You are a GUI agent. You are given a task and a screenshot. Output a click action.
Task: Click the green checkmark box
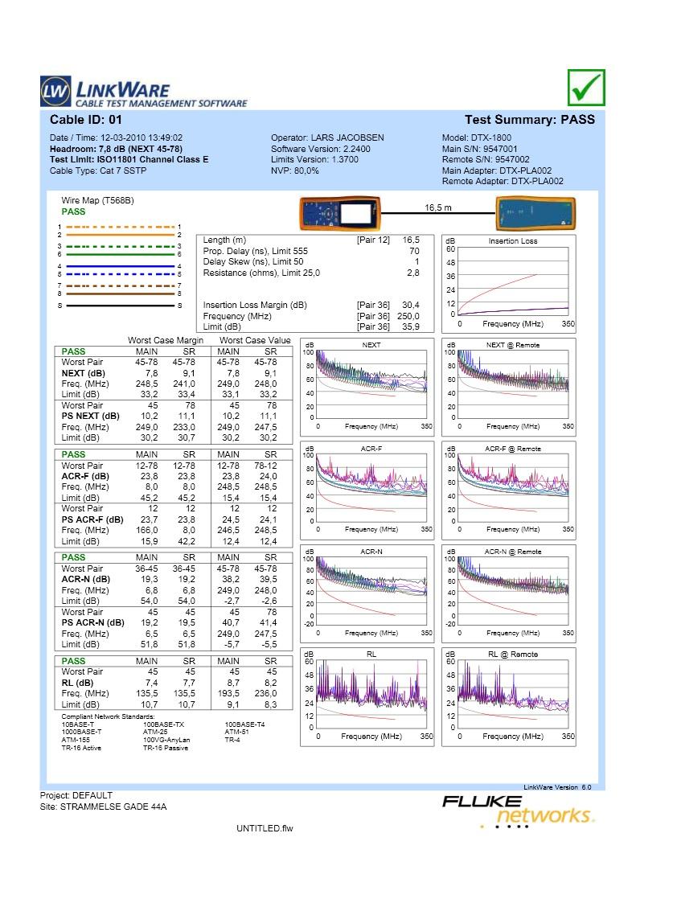pos(585,88)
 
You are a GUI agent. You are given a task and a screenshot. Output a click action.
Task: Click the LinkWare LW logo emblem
pos(55,92)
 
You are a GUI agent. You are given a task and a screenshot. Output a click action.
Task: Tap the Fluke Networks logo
pos(518,809)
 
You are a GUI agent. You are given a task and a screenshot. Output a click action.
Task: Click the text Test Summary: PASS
pos(530,120)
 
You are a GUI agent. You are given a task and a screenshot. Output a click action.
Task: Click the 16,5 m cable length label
pos(438,207)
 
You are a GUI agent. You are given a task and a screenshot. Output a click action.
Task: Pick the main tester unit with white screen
pos(341,214)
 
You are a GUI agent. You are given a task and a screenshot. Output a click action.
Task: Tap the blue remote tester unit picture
pos(535,214)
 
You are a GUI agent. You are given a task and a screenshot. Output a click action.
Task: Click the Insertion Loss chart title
pos(513,241)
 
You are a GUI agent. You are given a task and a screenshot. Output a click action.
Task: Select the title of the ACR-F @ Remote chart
pos(513,449)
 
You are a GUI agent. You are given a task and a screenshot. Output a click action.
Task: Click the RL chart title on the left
pos(371,655)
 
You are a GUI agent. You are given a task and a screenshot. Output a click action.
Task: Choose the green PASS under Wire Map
pos(73,211)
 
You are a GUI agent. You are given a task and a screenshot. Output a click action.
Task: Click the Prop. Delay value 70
pos(414,252)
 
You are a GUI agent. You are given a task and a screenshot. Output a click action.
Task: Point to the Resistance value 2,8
pos(412,273)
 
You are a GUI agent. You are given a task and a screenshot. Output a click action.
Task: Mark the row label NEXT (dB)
pos(83,373)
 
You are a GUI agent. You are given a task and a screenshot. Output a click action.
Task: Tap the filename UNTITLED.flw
pos(265,828)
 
